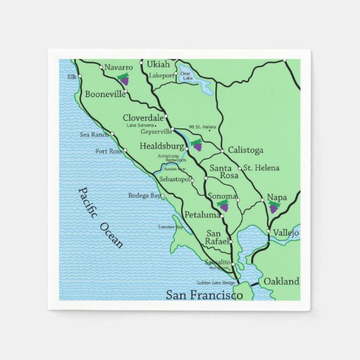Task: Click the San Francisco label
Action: pyautogui.click(x=204, y=295)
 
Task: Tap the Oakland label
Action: pyautogui.click(x=281, y=281)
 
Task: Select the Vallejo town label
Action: pyautogui.click(x=286, y=232)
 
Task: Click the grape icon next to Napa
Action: pyautogui.click(x=274, y=207)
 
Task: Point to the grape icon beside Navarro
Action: pyautogui.click(x=122, y=79)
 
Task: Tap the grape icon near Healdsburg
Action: pyautogui.click(x=197, y=144)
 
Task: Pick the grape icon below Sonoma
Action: pyautogui.click(x=223, y=206)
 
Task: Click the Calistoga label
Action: pyautogui.click(x=245, y=150)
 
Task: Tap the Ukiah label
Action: pyautogui.click(x=158, y=65)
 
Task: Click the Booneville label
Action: pyautogui.click(x=105, y=94)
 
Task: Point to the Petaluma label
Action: pyautogui.click(x=202, y=215)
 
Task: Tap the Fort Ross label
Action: pyautogui.click(x=108, y=151)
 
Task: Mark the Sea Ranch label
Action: pyautogui.click(x=94, y=134)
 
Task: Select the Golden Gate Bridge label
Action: pyautogui.click(x=216, y=283)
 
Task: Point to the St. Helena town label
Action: pyautogui.click(x=261, y=168)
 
